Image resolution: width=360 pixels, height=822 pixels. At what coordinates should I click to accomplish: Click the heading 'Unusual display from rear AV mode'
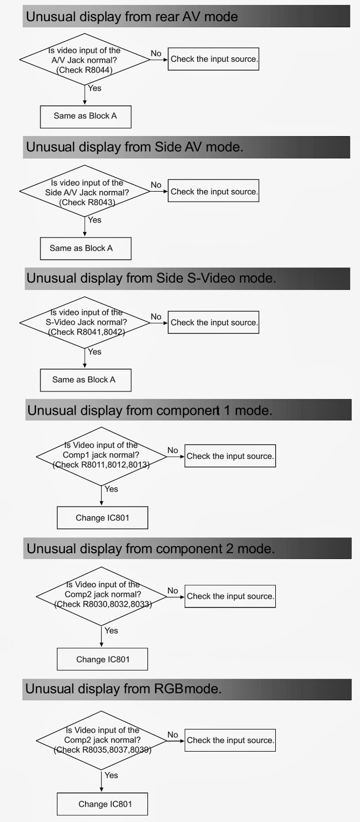[132, 17]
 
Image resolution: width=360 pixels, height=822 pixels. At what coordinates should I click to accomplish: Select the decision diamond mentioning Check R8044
[85, 60]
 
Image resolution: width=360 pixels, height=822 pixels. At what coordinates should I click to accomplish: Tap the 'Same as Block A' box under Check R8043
[85, 248]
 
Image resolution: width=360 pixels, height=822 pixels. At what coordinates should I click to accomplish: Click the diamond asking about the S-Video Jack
[85, 322]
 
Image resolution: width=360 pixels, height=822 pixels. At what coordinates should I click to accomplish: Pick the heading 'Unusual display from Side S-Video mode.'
[151, 278]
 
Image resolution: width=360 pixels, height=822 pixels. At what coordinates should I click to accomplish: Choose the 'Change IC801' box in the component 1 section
[102, 518]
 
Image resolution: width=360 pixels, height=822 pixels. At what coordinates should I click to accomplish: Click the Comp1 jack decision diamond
[101, 455]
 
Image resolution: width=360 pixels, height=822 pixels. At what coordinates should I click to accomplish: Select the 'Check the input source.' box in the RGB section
[230, 740]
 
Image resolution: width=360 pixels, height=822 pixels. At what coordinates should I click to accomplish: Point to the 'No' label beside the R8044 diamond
[156, 53]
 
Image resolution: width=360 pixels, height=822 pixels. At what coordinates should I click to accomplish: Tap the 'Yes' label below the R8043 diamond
[95, 220]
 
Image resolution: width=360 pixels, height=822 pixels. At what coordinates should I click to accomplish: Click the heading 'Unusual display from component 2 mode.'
[150, 549]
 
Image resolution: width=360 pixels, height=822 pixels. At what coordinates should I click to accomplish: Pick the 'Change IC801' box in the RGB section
[102, 804]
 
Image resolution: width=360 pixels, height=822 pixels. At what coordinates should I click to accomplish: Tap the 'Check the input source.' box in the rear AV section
[214, 59]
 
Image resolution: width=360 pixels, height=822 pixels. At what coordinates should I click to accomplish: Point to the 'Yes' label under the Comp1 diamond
[111, 489]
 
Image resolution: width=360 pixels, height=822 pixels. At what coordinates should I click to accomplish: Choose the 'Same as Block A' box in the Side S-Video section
[85, 380]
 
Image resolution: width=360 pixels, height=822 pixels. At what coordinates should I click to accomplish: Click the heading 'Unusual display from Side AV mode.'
[135, 147]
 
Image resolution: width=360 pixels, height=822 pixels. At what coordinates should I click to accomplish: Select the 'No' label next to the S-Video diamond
[156, 317]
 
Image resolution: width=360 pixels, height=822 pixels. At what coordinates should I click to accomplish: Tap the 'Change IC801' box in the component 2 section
[102, 659]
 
